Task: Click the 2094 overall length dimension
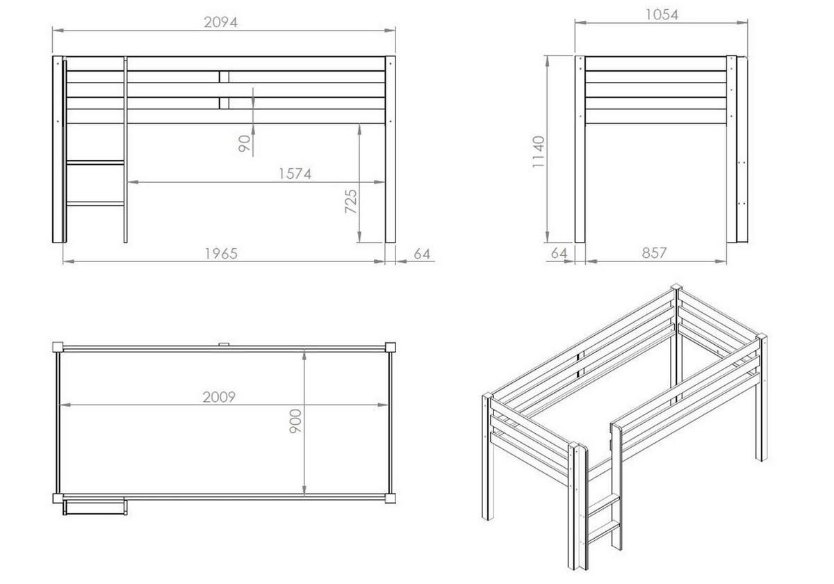[221, 22]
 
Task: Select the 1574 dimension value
[295, 174]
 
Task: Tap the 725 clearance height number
[351, 202]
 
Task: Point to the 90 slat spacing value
[244, 144]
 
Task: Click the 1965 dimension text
[221, 254]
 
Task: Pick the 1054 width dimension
[662, 15]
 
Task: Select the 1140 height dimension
[539, 152]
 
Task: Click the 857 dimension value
[654, 253]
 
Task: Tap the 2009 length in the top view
[219, 397]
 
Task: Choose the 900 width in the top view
[295, 421]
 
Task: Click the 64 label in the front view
[423, 254]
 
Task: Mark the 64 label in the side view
[559, 253]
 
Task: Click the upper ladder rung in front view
[95, 163]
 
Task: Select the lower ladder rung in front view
[95, 204]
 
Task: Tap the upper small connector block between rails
[224, 76]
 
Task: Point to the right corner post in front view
[390, 149]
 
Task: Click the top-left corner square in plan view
[58, 348]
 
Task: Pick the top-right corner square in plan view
[390, 348]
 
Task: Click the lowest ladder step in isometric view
[603, 530]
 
